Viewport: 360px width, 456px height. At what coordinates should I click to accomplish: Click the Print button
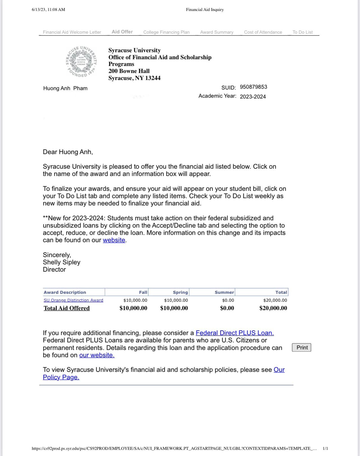tap(302, 347)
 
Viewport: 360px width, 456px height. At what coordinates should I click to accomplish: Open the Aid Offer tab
tap(122, 32)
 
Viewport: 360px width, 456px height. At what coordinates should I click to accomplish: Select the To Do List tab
tap(302, 32)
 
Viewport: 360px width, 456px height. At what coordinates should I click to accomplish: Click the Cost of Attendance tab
tap(263, 32)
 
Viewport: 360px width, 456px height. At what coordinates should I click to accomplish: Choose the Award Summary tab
tap(217, 32)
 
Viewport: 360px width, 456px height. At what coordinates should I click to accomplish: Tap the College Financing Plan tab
tap(166, 32)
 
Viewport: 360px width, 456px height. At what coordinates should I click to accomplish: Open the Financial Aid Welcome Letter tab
tap(72, 32)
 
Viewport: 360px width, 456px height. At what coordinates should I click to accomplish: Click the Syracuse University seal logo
tap(81, 61)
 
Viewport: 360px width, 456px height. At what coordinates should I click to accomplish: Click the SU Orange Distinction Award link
tap(74, 300)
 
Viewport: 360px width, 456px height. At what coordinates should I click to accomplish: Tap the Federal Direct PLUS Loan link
tap(235, 333)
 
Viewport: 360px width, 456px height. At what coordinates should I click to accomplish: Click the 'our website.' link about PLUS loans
tap(97, 355)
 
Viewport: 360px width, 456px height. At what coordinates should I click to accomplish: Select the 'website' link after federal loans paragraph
tap(114, 240)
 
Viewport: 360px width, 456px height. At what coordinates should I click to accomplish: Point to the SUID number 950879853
tap(253, 87)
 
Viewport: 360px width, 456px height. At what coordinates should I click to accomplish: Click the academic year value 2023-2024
tap(253, 97)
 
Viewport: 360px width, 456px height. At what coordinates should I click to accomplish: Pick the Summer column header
tap(224, 292)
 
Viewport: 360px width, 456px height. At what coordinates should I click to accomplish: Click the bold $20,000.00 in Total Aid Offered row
tap(273, 308)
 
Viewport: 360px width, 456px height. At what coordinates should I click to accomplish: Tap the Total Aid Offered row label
tap(67, 308)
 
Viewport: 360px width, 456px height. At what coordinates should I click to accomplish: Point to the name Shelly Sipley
tap(61, 262)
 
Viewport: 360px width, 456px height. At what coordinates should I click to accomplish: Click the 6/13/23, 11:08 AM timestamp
tap(48, 10)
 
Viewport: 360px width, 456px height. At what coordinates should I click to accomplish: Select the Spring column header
tap(180, 292)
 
